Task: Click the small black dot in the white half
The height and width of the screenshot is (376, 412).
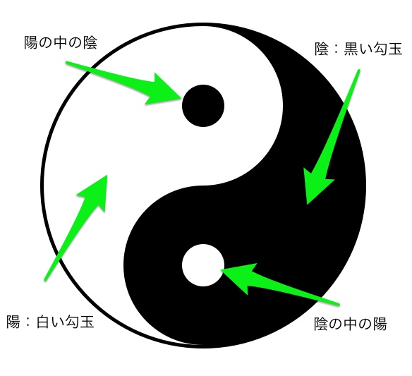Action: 203,106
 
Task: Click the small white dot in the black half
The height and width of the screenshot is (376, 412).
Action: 203,265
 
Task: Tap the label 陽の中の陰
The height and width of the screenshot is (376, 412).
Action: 61,42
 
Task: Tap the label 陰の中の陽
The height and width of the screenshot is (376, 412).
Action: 350,324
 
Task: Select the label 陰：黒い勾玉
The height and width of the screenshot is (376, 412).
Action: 358,49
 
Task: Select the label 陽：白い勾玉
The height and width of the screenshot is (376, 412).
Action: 50,322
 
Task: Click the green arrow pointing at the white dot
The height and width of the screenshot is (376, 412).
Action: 280,284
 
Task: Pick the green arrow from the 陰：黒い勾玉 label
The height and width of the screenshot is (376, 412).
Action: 332,137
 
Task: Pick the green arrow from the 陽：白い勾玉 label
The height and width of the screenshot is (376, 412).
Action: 76,228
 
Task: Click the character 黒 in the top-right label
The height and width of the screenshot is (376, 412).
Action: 351,49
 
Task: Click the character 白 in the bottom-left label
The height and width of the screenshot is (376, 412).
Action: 43,322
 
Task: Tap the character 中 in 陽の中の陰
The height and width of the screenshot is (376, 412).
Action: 61,42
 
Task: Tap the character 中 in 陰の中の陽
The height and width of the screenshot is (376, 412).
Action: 350,324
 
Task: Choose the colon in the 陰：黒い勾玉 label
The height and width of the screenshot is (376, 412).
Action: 337,49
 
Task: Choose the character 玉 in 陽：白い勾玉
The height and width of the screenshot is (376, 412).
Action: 87,322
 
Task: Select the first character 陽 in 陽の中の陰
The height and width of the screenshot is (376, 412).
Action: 31,42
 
